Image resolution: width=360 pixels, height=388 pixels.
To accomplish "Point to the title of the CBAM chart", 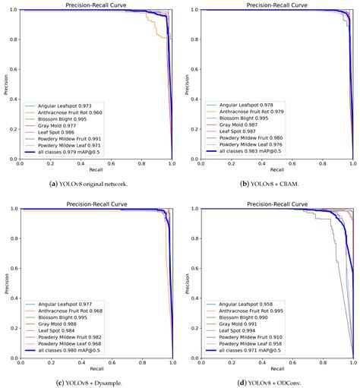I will tap(267, 5).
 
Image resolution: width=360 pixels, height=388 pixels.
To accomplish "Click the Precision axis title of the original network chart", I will tap(5, 85).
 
